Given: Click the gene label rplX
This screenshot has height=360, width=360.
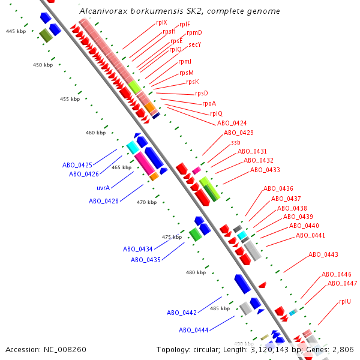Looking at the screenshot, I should point(161,22).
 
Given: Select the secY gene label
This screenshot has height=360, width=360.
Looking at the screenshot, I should point(194,44).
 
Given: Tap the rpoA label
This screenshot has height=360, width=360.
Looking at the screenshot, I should point(209,103).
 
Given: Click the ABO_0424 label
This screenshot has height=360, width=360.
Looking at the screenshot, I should point(232,123).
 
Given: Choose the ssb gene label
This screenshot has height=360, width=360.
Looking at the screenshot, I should point(235,142).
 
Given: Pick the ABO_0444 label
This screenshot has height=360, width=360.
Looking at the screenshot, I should point(193,330).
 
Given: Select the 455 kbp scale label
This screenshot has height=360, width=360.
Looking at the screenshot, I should point(70,99).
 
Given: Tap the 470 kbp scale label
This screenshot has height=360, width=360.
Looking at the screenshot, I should point(146,202).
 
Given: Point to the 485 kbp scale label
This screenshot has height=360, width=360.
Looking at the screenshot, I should point(220,308).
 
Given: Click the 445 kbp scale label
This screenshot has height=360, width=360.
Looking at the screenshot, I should point(16,31).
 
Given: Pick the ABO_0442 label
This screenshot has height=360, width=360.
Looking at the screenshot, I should point(182,313).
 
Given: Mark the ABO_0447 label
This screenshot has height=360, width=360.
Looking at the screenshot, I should point(342,283).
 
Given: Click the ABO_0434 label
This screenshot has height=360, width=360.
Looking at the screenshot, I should point(138,249).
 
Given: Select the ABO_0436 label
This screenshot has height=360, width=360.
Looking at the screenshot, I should point(278,188).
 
